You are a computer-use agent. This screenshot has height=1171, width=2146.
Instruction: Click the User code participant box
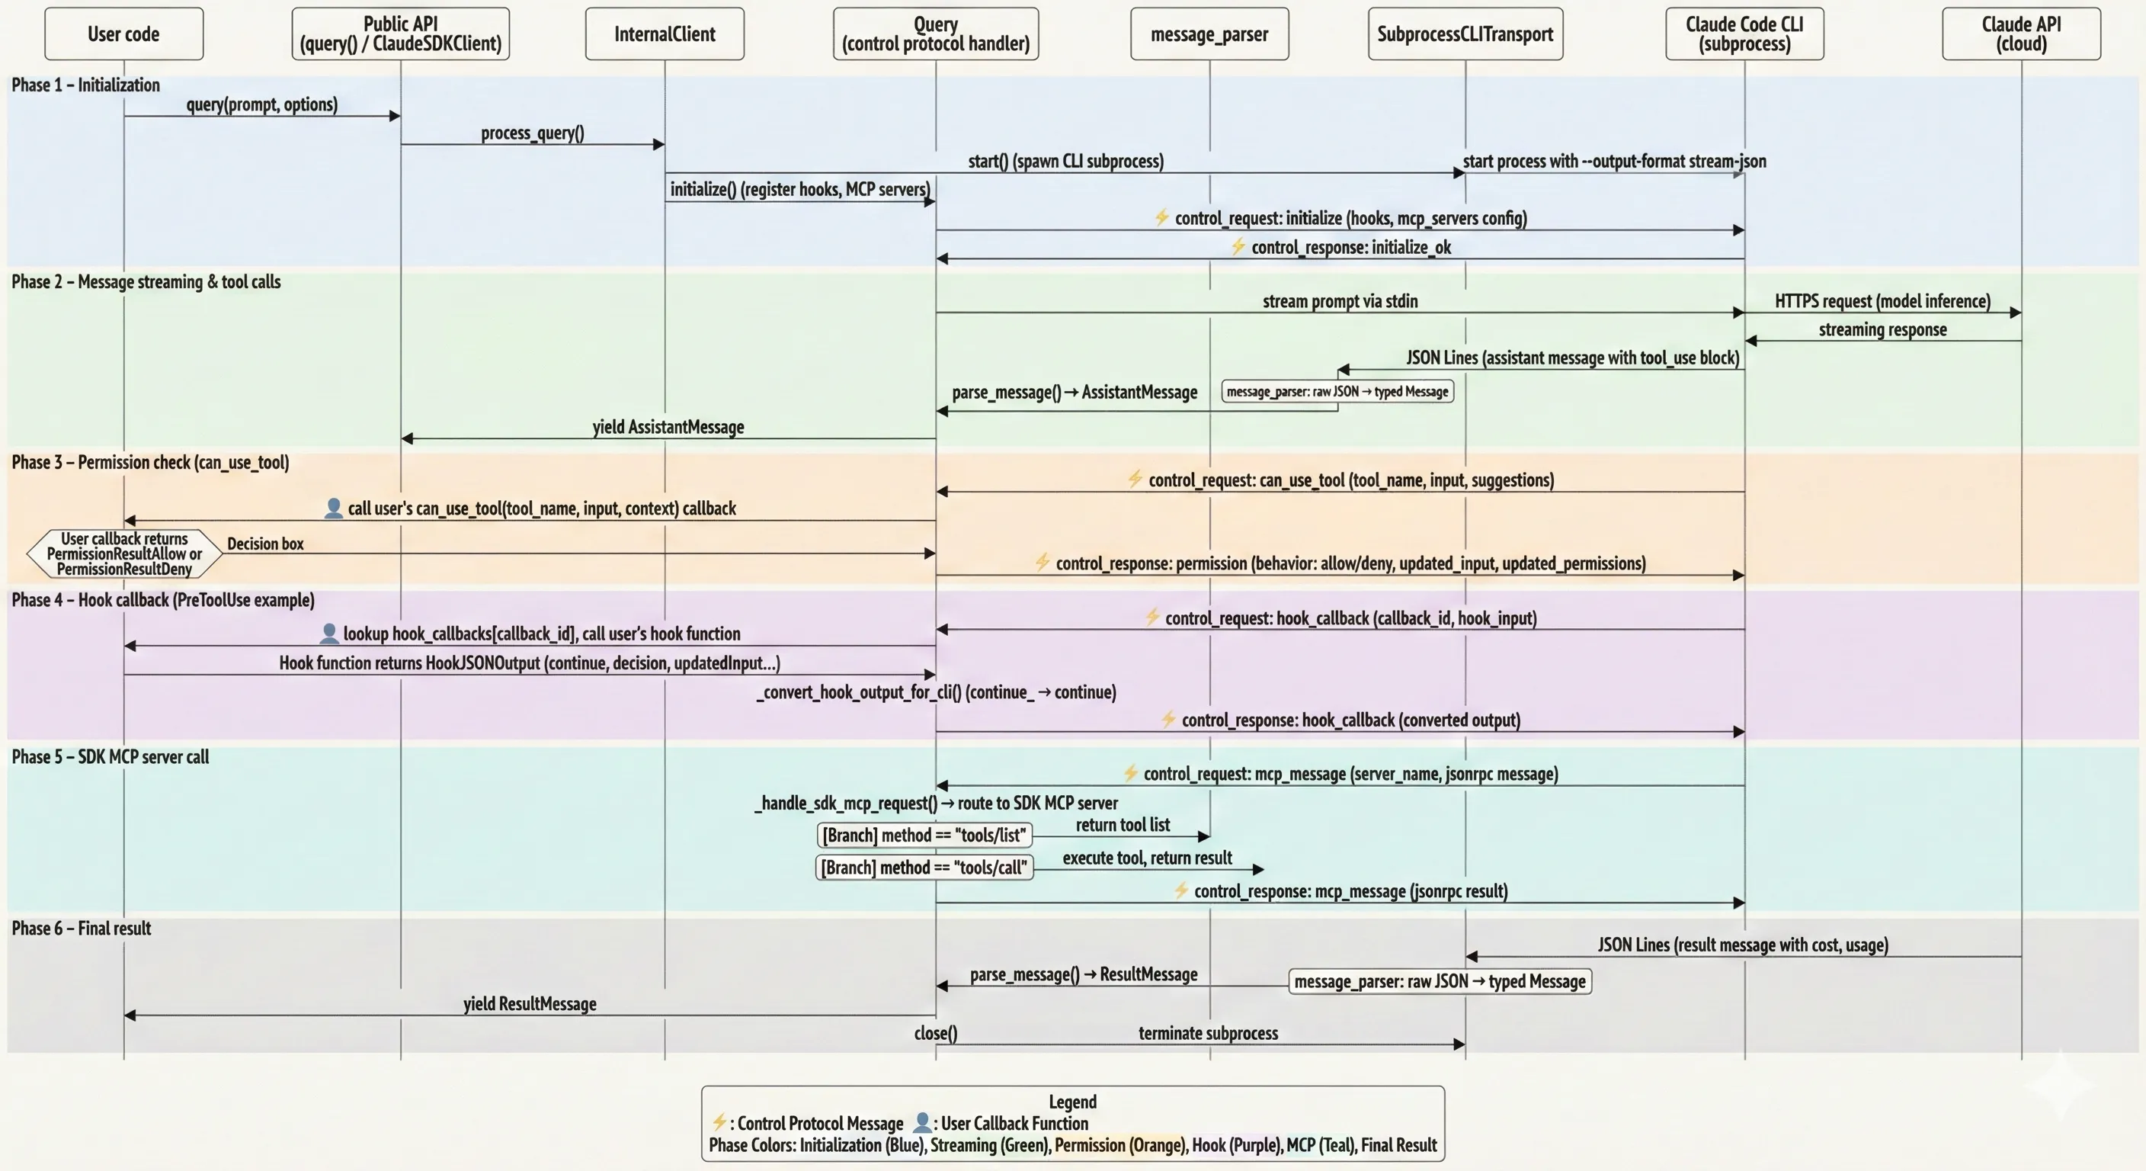123,34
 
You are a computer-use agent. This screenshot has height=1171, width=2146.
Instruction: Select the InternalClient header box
664,34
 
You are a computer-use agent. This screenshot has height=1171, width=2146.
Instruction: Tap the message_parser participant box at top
1209,34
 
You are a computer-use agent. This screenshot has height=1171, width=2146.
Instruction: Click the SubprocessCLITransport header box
1465,34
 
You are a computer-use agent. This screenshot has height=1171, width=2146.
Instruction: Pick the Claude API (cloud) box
2020,34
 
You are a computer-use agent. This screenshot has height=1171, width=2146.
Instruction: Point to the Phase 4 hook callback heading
162,600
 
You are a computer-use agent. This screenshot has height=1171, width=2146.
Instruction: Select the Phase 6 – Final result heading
81,929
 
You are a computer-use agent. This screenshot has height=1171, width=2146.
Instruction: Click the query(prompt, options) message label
261,104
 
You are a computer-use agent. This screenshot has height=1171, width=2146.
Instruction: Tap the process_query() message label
533,133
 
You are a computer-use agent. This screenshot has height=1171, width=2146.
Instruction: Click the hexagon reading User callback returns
124,553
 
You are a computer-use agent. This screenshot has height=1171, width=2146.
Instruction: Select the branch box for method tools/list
924,835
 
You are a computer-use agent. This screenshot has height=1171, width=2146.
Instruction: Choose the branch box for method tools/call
924,868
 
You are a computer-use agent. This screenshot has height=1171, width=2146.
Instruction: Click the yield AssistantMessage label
668,427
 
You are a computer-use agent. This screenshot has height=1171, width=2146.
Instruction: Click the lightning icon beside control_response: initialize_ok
1238,247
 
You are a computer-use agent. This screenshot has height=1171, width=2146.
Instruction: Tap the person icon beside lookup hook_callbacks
329,634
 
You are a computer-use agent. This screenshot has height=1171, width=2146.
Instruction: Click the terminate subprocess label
1208,1034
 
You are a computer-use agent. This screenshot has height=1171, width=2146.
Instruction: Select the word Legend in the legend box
1072,1102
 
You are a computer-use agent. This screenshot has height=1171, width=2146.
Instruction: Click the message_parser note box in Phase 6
1440,982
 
